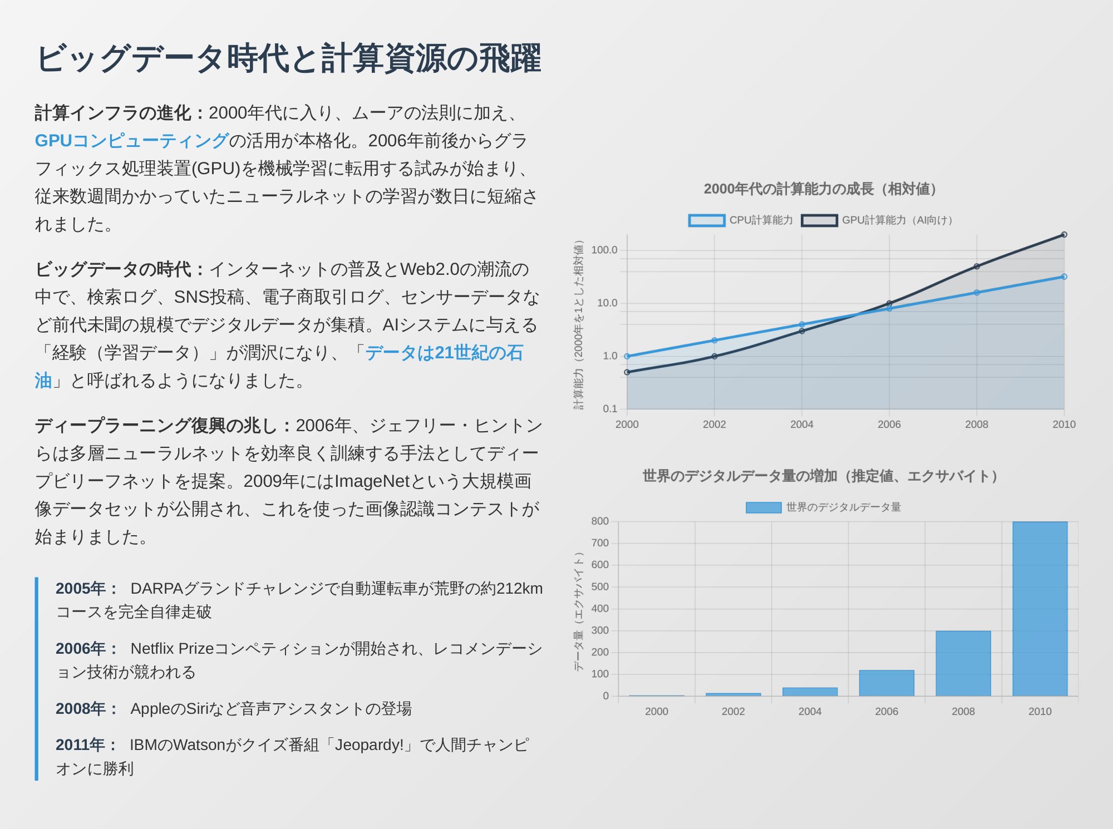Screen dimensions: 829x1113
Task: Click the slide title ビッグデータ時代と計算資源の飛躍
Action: [288, 58]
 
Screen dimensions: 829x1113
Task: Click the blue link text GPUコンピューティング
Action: [131, 141]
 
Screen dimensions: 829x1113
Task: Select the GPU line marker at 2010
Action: [1063, 235]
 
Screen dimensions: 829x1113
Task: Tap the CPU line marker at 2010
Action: [1063, 277]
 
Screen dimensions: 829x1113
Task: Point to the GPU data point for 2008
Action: [977, 267]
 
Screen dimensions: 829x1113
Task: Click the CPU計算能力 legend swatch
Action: [706, 220]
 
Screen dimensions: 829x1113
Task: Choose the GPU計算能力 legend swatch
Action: [819, 220]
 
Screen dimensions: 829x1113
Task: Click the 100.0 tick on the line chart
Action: [604, 250]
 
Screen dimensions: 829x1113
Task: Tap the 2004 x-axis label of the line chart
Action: [801, 425]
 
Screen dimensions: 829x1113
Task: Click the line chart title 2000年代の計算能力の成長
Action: [820, 189]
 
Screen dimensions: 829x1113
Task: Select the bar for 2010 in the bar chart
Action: [1040, 609]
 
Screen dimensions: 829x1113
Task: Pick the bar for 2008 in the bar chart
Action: [963, 663]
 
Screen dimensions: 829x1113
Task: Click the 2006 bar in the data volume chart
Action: [887, 683]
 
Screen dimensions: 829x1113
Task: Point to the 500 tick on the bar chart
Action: [600, 587]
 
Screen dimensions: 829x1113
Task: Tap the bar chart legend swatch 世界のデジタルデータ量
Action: [763, 507]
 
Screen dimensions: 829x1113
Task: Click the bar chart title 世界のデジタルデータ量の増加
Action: [820, 476]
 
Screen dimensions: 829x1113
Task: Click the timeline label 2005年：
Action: [87, 589]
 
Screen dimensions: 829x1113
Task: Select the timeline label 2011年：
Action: [87, 745]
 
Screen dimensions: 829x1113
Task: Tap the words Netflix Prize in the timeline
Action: [172, 649]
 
